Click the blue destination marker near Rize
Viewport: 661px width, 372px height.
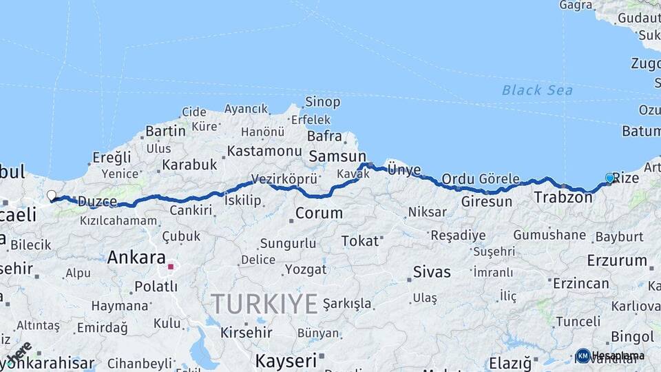pyautogui.click(x=609, y=178)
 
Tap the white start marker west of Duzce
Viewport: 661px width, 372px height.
pyautogui.click(x=52, y=196)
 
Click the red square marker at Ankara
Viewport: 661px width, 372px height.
pyautogui.click(x=171, y=265)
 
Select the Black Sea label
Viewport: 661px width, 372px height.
pyautogui.click(x=537, y=90)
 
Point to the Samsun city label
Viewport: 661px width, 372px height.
pyautogui.click(x=337, y=156)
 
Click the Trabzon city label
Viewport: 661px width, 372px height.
pyautogui.click(x=563, y=198)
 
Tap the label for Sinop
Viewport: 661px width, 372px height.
pyautogui.click(x=322, y=102)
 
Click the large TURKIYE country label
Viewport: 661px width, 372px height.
pyautogui.click(x=264, y=303)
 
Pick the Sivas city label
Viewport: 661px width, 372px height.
pyautogui.click(x=432, y=272)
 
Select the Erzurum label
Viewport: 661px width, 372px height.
pyautogui.click(x=617, y=261)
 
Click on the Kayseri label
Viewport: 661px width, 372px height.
pyautogui.click(x=286, y=360)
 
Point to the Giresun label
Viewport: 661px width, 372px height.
pyautogui.click(x=487, y=202)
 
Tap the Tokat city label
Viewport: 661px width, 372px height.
pyautogui.click(x=360, y=241)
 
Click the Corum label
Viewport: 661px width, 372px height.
pyautogui.click(x=319, y=213)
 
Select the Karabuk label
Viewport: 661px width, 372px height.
pyautogui.click(x=189, y=165)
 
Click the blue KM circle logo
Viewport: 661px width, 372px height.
pyautogui.click(x=583, y=355)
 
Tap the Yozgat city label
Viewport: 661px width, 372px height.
pyautogui.click(x=306, y=269)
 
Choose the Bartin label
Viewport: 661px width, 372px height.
pyautogui.click(x=165, y=130)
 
